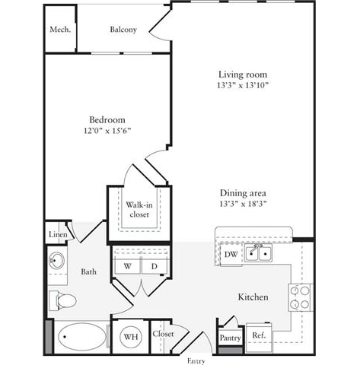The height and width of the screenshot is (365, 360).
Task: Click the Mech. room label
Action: (x=60, y=30)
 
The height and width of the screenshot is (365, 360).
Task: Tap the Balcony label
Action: (x=123, y=30)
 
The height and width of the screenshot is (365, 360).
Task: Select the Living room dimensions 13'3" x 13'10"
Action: (x=243, y=85)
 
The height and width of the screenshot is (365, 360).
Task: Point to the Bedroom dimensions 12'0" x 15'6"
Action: (x=107, y=131)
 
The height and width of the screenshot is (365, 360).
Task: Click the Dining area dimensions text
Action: (x=243, y=204)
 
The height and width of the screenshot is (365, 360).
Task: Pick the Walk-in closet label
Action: (x=139, y=209)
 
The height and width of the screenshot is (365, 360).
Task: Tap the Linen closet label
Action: (x=58, y=234)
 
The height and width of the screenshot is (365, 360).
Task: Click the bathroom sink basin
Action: (x=56, y=260)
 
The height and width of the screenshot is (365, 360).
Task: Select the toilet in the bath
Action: (x=62, y=301)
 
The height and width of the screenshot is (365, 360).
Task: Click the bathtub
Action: (x=82, y=337)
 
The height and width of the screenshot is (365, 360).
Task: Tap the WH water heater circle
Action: (x=131, y=337)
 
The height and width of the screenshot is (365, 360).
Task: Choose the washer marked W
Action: (x=127, y=266)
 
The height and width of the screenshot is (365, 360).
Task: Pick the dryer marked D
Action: (x=155, y=266)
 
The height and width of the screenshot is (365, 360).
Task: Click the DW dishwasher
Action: (x=231, y=254)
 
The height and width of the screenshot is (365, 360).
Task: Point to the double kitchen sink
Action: (x=259, y=253)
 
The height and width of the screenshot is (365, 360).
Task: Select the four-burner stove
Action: (x=301, y=297)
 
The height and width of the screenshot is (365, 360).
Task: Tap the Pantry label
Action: (x=230, y=338)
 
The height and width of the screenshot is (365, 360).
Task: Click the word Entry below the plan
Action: (x=196, y=360)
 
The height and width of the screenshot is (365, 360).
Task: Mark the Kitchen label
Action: (x=253, y=297)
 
